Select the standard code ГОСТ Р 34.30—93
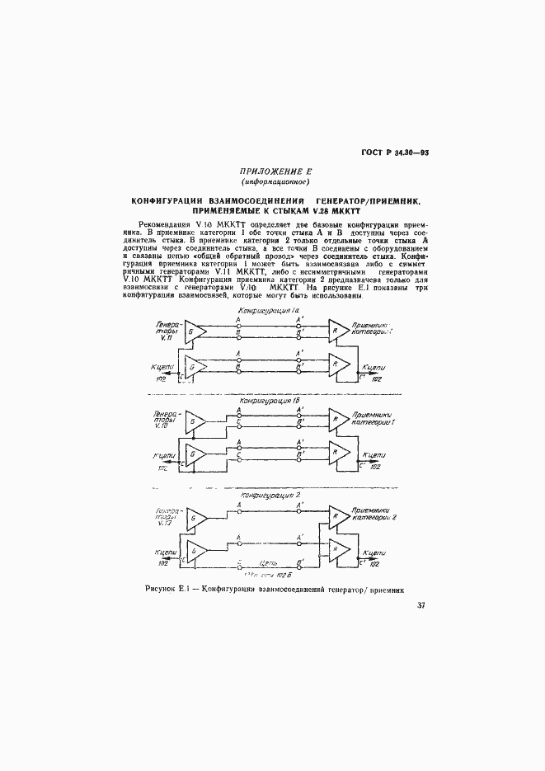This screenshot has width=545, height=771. click(x=396, y=153)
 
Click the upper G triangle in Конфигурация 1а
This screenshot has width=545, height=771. click(x=195, y=331)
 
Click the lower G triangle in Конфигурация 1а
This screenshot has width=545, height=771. click(x=195, y=366)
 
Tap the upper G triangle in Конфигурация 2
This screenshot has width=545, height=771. click(x=195, y=516)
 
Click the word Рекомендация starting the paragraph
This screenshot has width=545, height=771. click(x=169, y=224)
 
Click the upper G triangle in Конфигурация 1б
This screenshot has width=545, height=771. click(x=195, y=421)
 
